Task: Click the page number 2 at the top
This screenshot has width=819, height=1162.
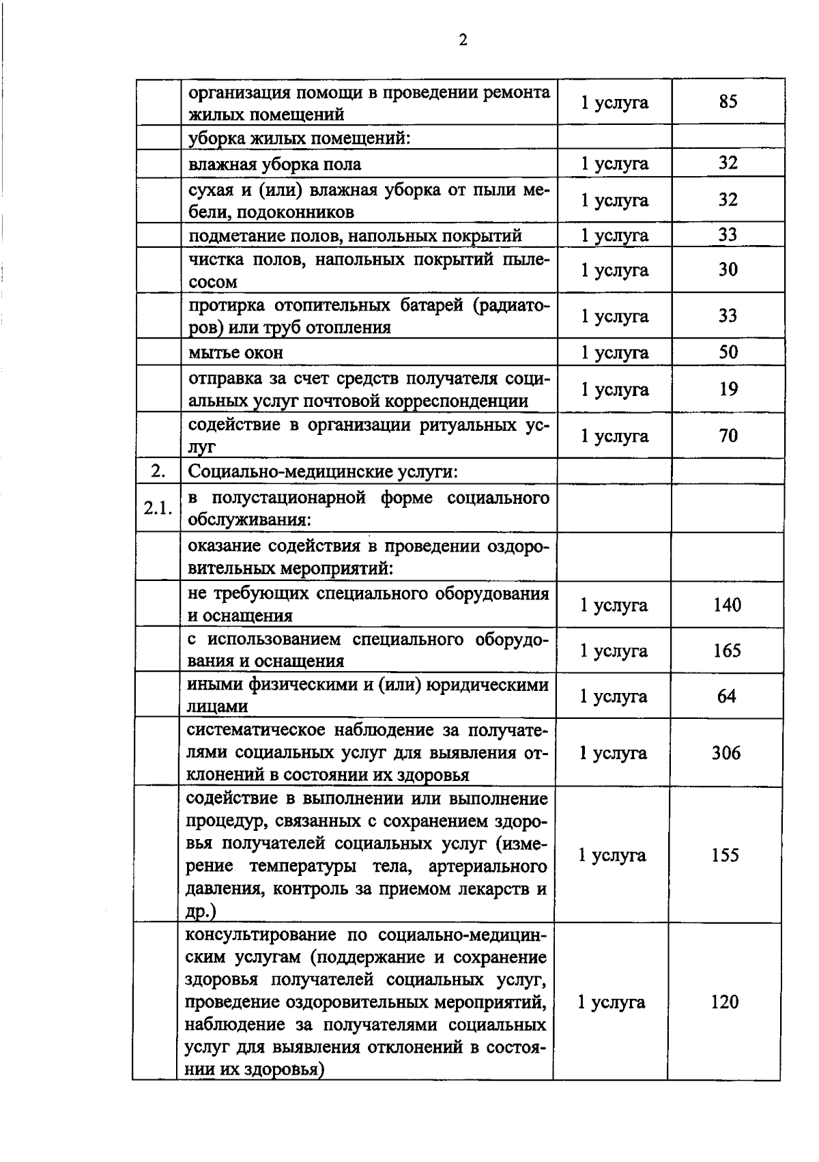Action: click(463, 41)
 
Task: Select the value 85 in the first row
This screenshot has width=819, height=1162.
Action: click(728, 102)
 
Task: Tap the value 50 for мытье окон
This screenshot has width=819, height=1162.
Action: click(728, 352)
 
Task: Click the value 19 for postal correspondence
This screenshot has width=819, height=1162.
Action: click(728, 389)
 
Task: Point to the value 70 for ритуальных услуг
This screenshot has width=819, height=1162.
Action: click(728, 436)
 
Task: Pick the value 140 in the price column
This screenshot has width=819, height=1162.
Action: click(727, 605)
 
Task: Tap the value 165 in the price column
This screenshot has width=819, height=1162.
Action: click(727, 651)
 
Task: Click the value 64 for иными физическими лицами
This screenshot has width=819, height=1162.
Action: click(727, 696)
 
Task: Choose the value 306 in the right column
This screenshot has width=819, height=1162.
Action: click(726, 753)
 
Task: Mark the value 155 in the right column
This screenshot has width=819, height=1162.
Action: click(725, 855)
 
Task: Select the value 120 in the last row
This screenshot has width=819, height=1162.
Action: click(724, 1002)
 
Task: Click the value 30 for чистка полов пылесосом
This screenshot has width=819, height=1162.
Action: click(728, 270)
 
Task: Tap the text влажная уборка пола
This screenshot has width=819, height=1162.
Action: click(274, 165)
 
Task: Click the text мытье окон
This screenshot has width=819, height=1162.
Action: click(235, 353)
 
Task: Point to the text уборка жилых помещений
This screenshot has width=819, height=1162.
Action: click(299, 139)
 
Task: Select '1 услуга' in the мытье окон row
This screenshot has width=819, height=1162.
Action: click(614, 353)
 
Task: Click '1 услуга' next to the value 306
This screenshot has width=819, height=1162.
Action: click(613, 753)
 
